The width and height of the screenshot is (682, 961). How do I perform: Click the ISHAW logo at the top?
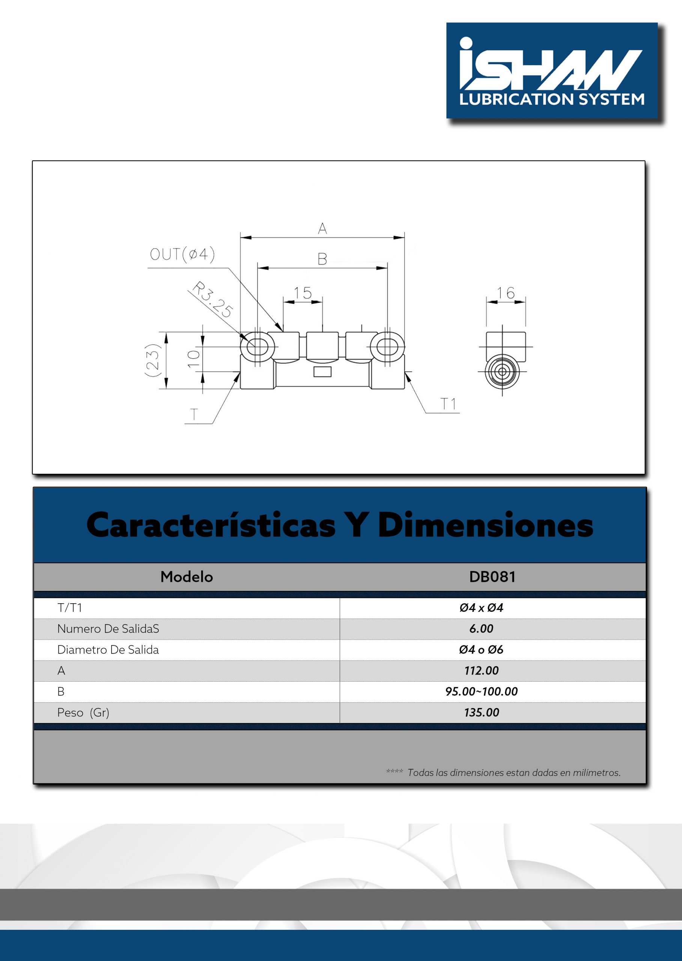551,71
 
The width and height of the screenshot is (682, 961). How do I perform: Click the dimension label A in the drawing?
322,229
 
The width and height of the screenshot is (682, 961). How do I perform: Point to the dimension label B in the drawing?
322,259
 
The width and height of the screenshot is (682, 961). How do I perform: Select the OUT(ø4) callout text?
182,254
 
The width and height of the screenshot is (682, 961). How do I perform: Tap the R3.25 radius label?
212,300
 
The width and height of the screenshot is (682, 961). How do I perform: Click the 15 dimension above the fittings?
303,293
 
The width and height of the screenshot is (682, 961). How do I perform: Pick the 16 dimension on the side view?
505,293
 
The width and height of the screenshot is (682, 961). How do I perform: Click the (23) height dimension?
152,360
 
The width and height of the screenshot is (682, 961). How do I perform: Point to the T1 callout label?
448,404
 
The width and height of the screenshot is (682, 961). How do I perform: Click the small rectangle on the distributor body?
322,371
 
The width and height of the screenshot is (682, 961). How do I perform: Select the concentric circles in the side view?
502,372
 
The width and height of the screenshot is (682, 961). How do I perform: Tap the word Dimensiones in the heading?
485,525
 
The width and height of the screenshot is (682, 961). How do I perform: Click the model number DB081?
492,577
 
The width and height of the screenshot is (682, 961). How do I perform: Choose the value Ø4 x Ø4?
481,608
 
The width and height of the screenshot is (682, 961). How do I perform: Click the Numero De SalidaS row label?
108,629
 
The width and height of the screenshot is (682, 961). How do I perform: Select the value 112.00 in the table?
481,670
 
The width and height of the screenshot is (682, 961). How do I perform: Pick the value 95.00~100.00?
481,691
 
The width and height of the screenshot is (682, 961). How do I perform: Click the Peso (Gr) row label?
83,712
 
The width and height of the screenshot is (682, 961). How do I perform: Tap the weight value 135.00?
481,712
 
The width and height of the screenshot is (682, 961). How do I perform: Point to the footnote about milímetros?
513,773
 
